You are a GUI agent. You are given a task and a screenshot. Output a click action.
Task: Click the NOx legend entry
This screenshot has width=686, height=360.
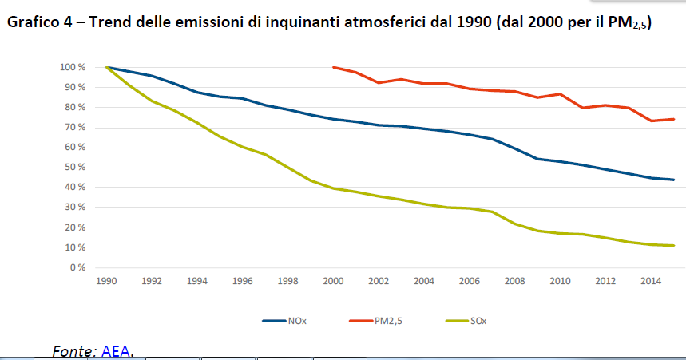coord(286,321)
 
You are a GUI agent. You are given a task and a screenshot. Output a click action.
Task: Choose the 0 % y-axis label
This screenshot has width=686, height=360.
coord(77,267)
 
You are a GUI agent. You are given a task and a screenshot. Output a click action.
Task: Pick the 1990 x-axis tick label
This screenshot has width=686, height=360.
coord(106,281)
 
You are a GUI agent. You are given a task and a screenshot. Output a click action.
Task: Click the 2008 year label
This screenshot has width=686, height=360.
coord(514,281)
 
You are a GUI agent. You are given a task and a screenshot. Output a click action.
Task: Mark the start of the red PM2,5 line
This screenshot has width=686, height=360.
coord(334,67)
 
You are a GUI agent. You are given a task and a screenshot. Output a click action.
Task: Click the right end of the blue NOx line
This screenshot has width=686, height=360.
coord(673,180)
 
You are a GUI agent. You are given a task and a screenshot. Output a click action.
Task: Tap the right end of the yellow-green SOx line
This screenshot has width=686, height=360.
coord(673,245)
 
